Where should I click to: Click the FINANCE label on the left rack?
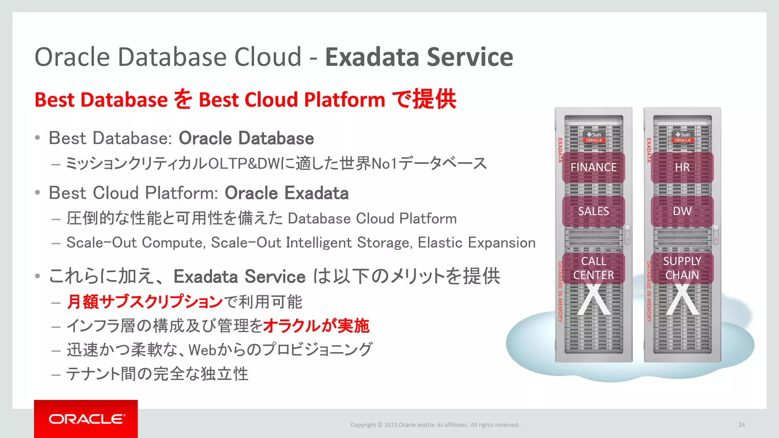(593, 167)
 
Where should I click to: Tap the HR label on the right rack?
(682, 167)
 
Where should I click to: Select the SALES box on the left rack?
(593, 211)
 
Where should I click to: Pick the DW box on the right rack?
(682, 211)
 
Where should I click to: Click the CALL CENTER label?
(593, 268)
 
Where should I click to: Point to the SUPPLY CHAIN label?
(682, 268)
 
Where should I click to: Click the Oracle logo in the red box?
(86, 419)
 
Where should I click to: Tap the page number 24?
(741, 425)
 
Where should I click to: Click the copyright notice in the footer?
(435, 425)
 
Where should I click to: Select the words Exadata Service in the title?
(419, 57)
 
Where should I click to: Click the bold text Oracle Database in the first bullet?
(246, 138)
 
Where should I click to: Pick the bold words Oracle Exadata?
(286, 193)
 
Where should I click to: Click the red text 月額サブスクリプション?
(145, 302)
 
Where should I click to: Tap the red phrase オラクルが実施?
(316, 326)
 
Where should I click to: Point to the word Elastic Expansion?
(476, 243)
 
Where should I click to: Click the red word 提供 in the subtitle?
(434, 100)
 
